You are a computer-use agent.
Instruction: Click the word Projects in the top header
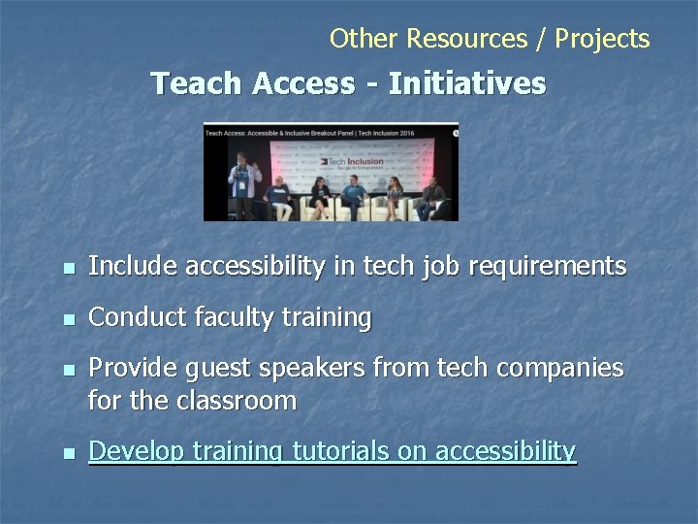tap(603, 39)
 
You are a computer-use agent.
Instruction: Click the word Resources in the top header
tap(466, 39)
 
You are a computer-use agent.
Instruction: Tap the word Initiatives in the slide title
tap(467, 83)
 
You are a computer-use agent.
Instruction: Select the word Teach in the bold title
tap(198, 83)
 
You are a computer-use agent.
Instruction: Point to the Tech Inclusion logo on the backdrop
tap(353, 161)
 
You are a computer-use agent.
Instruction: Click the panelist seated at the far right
tap(431, 197)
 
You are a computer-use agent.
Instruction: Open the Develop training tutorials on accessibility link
tap(332, 451)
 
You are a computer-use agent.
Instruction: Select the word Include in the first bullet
tap(133, 266)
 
